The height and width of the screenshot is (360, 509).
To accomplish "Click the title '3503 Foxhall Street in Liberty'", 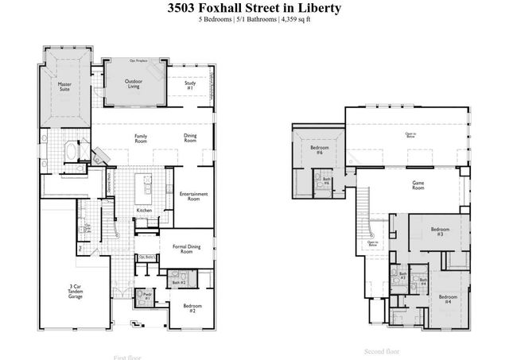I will [x=254, y=9].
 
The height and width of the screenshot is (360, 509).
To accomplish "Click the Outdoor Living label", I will [x=134, y=84].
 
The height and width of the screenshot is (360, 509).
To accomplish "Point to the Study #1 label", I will [x=190, y=85].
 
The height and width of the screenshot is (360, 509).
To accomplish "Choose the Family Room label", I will [x=140, y=138].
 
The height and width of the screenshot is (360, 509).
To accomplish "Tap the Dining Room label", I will [x=189, y=138].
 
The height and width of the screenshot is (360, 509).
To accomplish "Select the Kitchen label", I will [x=144, y=210].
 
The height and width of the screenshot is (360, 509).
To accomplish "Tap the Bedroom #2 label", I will [x=192, y=308].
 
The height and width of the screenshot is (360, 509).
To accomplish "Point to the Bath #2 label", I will [x=178, y=282].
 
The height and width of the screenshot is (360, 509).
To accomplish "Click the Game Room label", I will [x=418, y=185].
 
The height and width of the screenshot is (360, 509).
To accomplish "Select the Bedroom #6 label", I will [x=316, y=150].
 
